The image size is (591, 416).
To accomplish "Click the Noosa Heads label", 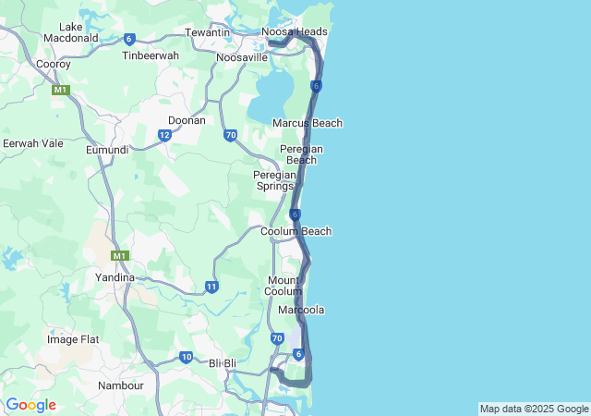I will tap(295, 31).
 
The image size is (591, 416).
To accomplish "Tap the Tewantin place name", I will tap(207, 31).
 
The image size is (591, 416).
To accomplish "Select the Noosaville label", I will tap(241, 57).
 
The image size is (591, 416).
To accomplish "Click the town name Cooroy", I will tap(52, 64).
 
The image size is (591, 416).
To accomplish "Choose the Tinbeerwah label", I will tap(151, 55).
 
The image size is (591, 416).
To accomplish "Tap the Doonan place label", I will tap(187, 120).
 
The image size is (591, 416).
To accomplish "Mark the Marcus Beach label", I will tap(308, 123).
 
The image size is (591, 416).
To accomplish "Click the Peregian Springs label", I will tap(275, 180).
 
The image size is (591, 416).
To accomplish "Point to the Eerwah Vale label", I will tap(33, 143).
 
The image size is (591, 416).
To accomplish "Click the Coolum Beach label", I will tap(295, 231).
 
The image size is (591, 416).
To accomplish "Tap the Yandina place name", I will tap(115, 276).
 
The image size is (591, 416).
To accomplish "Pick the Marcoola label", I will tap(301, 310).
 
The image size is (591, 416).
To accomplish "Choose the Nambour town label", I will tap(121, 385).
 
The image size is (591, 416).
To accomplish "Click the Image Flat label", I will tap(73, 339).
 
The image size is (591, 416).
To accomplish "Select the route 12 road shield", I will tap(164, 135).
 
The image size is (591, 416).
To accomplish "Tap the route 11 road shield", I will tap(211, 287).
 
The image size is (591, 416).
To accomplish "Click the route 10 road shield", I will tap(187, 357).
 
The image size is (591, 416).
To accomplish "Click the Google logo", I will tap(30, 405).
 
